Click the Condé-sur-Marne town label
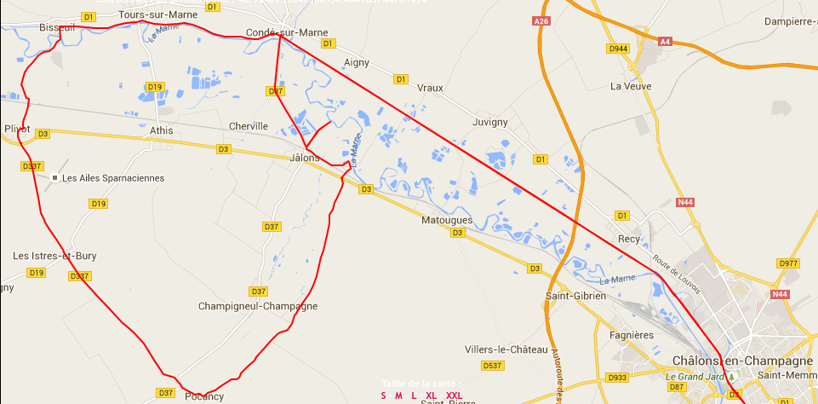pos(280,32)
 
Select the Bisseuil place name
pos(57,27)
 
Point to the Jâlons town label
pos(304,158)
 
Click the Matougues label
pos(447,220)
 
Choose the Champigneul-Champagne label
pos(257,305)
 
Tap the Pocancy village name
pos(204,395)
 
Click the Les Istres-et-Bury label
pos(54,256)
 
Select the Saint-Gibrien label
pos(575,296)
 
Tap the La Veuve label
pos(630,86)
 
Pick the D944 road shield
pos(618,49)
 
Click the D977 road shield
pos(789,263)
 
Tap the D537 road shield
pos(493,366)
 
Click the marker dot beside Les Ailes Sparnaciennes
pos(54,178)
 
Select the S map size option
pos(383,395)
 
